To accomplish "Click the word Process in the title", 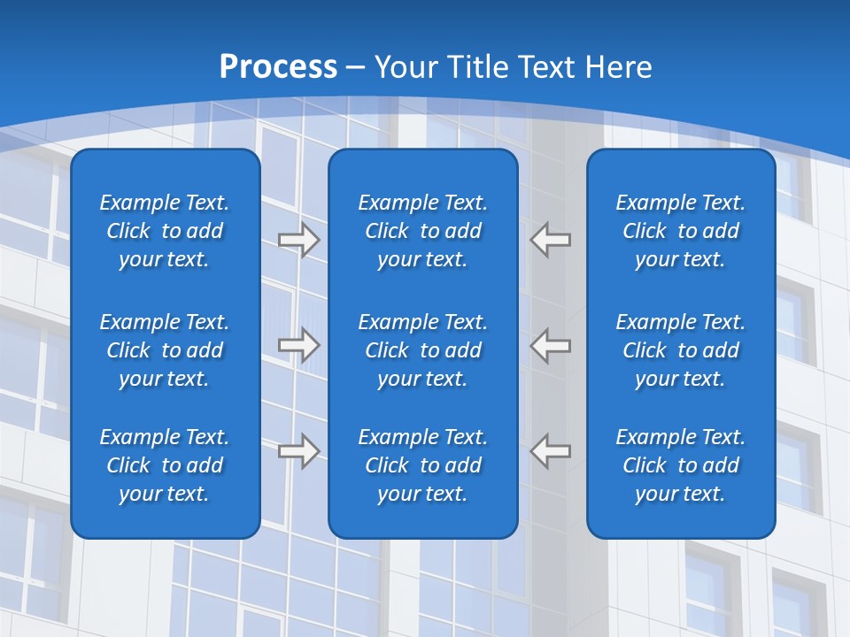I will pyautogui.click(x=278, y=67).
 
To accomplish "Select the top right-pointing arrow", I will pyautogui.click(x=299, y=240).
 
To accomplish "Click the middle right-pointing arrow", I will pyautogui.click(x=299, y=345).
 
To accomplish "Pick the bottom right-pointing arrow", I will pyautogui.click(x=299, y=451).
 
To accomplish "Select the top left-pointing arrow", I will pyautogui.click(x=550, y=240).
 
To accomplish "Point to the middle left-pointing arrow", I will pyautogui.click(x=550, y=345).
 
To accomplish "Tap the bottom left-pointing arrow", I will pyautogui.click(x=550, y=451).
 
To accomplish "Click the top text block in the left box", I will pyautogui.click(x=165, y=231).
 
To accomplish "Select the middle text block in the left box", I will pyautogui.click(x=165, y=350).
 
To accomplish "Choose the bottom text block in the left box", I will pyautogui.click(x=165, y=465).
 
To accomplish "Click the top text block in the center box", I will pyautogui.click(x=422, y=231).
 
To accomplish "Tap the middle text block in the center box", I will pyautogui.click(x=422, y=350).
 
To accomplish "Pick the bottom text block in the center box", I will pyautogui.click(x=422, y=465).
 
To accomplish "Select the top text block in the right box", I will pyautogui.click(x=680, y=231).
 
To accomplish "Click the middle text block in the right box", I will pyautogui.click(x=680, y=350).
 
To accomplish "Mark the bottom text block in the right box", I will pyautogui.click(x=680, y=465).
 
